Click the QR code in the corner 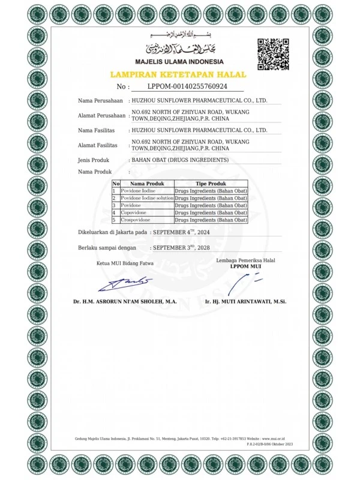click(x=274, y=54)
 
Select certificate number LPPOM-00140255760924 click(x=187, y=86)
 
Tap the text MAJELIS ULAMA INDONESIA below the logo click(x=180, y=62)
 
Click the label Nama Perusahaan click(x=100, y=100)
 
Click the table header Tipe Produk click(x=211, y=183)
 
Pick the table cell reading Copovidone click(x=135, y=212)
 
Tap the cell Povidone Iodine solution click(x=147, y=197)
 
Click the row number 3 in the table click(x=114, y=205)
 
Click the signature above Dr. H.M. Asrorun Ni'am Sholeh click(x=125, y=282)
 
